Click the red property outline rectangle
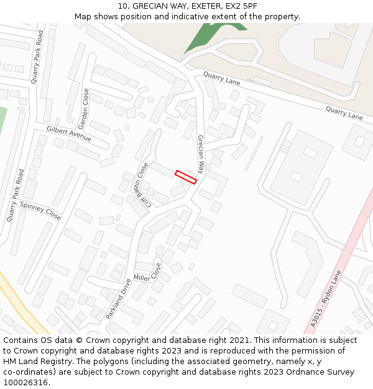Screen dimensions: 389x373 click(x=186, y=177)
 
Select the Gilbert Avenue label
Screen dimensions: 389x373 click(x=68, y=133)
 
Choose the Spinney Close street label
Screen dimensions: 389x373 click(x=40, y=211)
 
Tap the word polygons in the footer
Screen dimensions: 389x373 click(x=102, y=362)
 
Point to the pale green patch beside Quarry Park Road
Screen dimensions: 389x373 click(x=2, y=118)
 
